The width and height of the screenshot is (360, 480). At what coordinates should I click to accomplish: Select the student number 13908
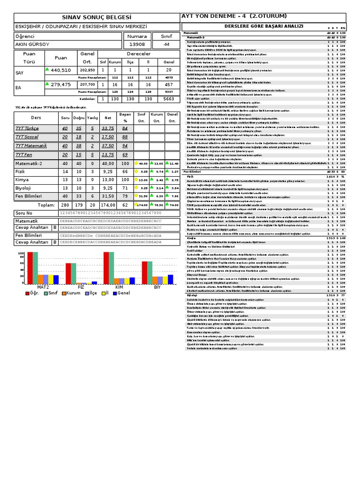[x=136, y=45]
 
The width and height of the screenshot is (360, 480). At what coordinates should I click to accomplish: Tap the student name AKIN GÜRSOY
[x=32, y=45]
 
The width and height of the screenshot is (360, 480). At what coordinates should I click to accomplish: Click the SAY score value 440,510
[x=61, y=70]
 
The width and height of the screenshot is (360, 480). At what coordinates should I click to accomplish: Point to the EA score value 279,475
[x=61, y=84]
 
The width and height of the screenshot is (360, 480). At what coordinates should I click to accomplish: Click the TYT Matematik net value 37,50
[x=108, y=146]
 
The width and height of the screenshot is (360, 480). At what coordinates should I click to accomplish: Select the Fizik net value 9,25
[x=108, y=172]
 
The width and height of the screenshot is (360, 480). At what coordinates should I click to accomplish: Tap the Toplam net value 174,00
[x=108, y=205]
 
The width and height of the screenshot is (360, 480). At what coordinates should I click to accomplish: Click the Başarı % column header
[x=125, y=117]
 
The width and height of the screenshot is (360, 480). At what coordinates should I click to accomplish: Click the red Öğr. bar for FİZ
[x=68, y=273]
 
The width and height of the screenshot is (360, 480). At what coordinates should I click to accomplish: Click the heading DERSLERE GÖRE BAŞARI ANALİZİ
[x=264, y=27]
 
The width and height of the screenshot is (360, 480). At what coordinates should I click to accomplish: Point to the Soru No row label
[x=24, y=213]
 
